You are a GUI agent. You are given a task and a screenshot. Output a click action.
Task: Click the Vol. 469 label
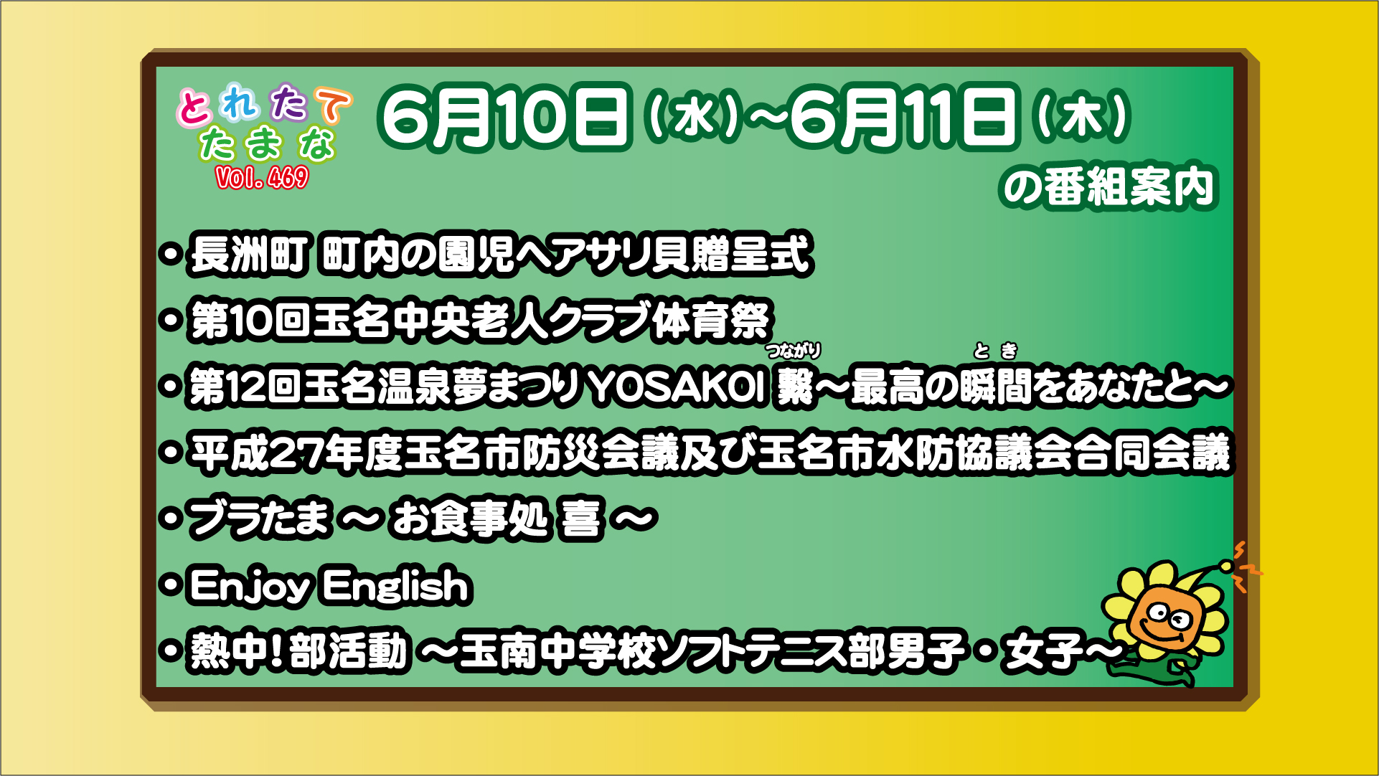click(262, 177)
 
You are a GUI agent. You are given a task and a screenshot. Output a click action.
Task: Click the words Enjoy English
click(329, 586)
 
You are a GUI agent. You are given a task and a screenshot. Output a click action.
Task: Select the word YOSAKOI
click(677, 387)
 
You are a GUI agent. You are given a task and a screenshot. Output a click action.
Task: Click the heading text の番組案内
click(1109, 187)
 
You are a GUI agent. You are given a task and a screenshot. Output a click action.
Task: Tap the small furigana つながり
click(794, 351)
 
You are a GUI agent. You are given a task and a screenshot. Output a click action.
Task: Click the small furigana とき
click(996, 351)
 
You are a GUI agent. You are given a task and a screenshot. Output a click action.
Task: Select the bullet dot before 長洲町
click(171, 255)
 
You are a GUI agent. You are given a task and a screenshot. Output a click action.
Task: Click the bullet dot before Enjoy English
click(171, 585)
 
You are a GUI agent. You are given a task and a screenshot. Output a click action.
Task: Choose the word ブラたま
click(260, 519)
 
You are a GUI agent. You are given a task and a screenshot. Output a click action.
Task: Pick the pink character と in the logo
click(194, 108)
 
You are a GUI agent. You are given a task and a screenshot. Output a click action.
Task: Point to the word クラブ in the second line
click(600, 320)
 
